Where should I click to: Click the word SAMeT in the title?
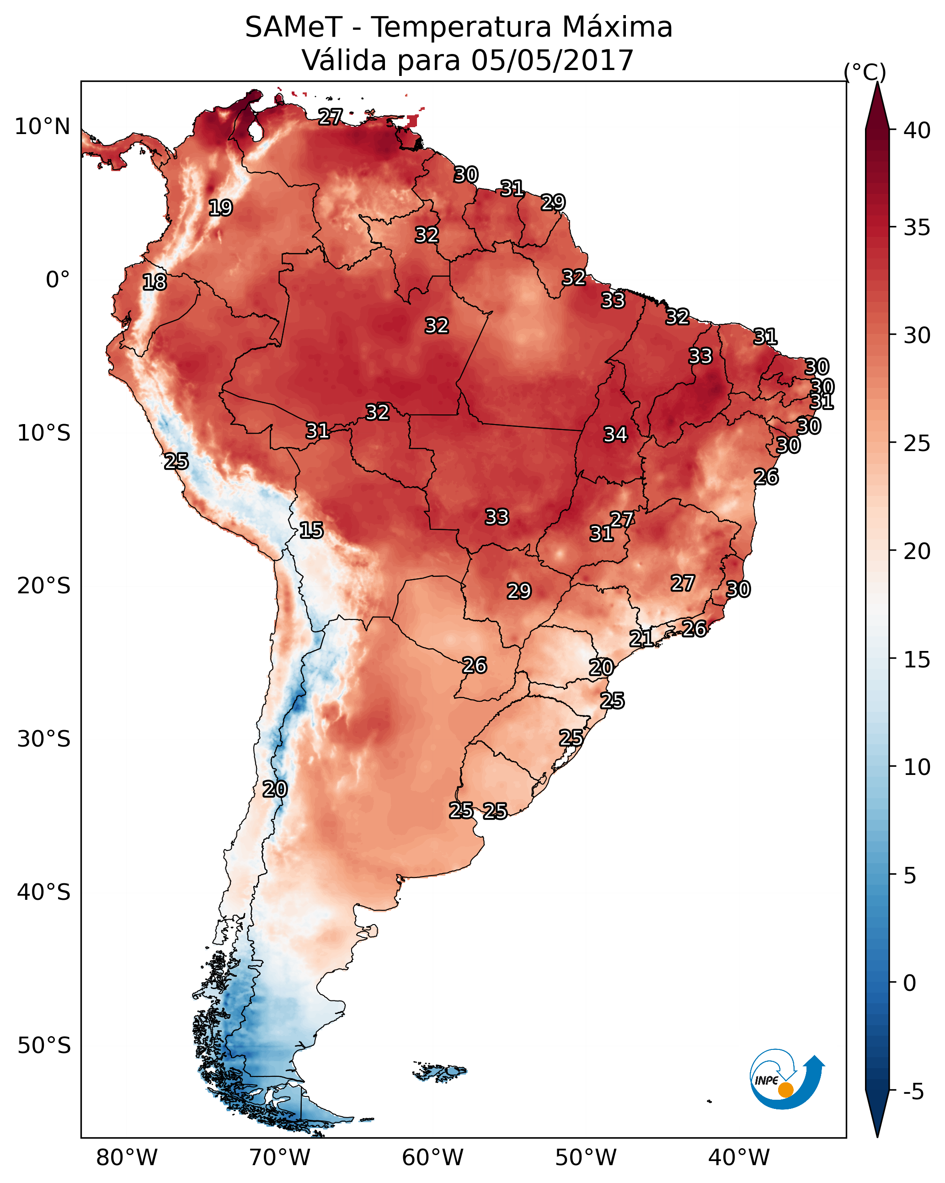click(294, 27)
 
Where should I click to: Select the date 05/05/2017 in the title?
click(552, 60)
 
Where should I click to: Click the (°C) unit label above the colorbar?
click(865, 72)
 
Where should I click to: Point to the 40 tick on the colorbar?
click(917, 130)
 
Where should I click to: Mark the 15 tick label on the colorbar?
click(917, 660)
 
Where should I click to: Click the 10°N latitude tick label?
click(42, 127)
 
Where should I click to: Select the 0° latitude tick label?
click(58, 280)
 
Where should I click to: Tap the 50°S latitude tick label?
click(44, 1046)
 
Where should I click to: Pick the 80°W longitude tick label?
click(127, 1158)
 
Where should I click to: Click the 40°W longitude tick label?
click(739, 1158)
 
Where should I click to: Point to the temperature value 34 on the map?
click(615, 435)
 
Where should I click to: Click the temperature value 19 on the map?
click(220, 208)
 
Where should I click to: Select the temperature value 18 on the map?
click(155, 283)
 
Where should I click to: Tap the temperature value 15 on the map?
click(311, 531)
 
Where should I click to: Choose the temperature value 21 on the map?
click(641, 639)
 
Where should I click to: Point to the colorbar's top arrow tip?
click(877, 82)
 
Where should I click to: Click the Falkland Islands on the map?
click(440, 1070)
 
